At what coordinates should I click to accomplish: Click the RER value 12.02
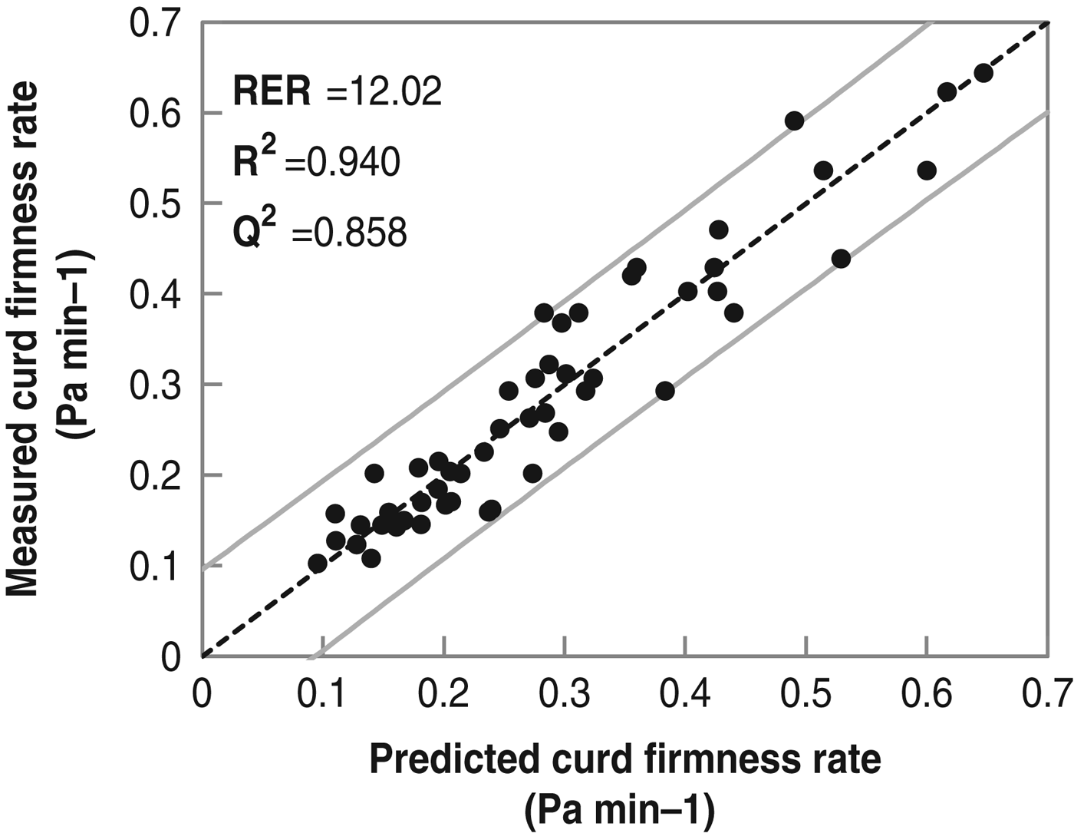tap(384, 92)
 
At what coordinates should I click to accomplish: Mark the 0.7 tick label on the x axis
tap(1048, 696)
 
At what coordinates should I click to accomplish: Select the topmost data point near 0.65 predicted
tap(983, 73)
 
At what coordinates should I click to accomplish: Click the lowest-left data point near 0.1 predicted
tap(318, 564)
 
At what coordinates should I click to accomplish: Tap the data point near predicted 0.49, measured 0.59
tap(794, 121)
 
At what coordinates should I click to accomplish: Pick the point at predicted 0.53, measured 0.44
tap(841, 259)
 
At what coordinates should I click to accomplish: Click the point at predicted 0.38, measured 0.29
tap(665, 391)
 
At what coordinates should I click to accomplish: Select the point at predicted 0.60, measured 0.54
tap(927, 170)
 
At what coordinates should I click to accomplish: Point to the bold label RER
tap(272, 92)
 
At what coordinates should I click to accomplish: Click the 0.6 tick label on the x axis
tap(926, 696)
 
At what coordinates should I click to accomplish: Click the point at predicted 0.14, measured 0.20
tap(374, 473)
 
